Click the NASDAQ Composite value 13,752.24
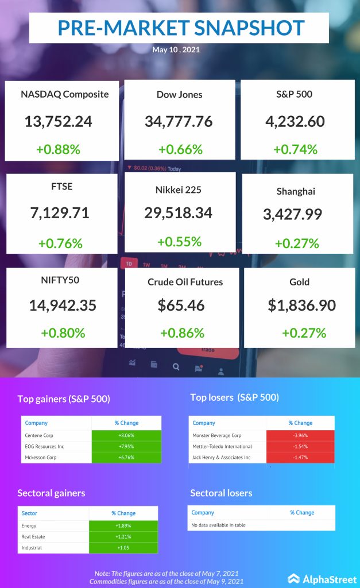pyautogui.click(x=58, y=121)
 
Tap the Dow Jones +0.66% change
pyautogui.click(x=180, y=149)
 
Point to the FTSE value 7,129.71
pyautogui.click(x=60, y=213)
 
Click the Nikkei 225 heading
pyautogui.click(x=179, y=189)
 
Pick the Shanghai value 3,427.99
pyautogui.click(x=292, y=214)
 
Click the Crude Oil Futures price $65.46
pyautogui.click(x=181, y=305)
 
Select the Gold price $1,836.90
pyautogui.click(x=301, y=305)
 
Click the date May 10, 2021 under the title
pyautogui.click(x=176, y=50)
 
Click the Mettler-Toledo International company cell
pyautogui.click(x=222, y=446)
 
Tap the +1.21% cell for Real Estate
pyautogui.click(x=123, y=536)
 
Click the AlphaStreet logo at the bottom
pyautogui.click(x=320, y=578)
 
